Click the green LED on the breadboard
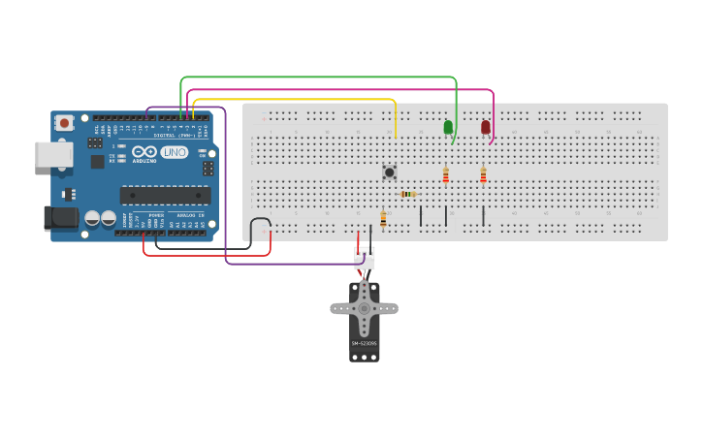[448, 127]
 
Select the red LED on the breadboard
[486, 127]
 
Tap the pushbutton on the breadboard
[390, 172]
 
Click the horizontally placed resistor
[408, 194]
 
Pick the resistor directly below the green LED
[446, 175]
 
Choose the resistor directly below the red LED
[483, 175]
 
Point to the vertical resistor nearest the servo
[383, 219]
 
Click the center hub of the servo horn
[364, 308]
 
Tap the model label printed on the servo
[364, 343]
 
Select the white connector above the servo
[365, 258]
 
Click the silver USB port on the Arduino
[53, 154]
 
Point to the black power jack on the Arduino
[61, 218]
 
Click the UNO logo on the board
[175, 153]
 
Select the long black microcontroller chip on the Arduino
[165, 195]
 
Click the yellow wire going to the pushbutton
[291, 99]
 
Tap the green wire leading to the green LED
[320, 77]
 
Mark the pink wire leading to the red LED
[339, 89]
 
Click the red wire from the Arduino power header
[204, 256]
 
